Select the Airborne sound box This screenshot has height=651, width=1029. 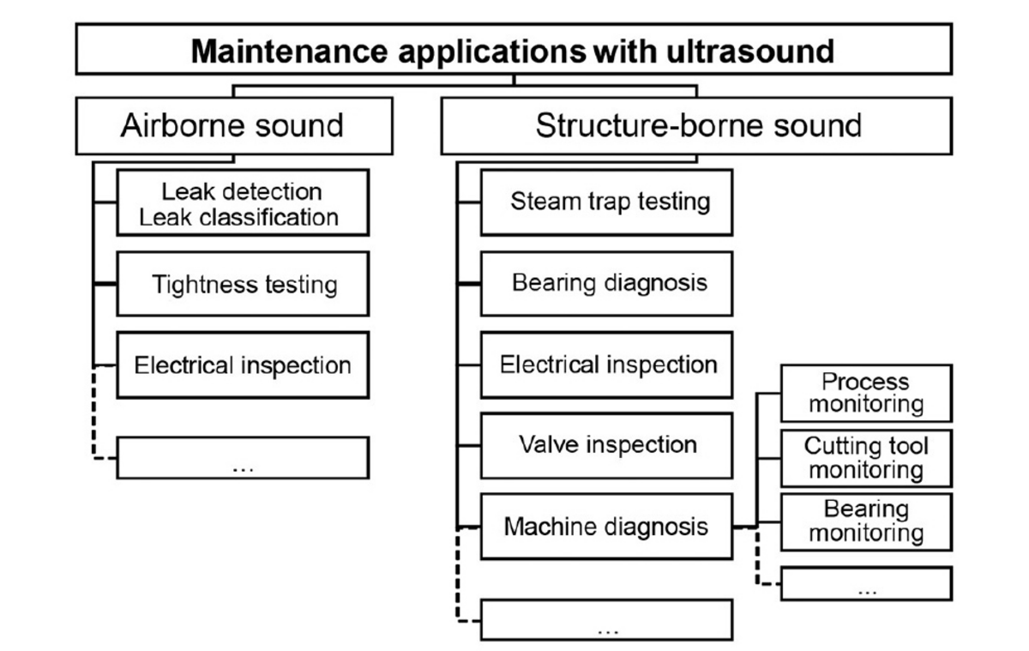233,125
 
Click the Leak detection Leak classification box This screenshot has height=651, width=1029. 243,202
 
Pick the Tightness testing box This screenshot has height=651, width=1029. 243,284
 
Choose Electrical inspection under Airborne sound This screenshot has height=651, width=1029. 243,365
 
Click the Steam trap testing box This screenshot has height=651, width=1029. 606,202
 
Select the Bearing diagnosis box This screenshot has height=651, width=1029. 606,283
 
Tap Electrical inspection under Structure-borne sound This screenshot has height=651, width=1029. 606,365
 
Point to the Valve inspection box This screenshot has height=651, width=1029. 606,445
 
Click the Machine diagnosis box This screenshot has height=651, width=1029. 606,526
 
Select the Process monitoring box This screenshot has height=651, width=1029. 865,393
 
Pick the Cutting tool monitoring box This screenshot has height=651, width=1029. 865,457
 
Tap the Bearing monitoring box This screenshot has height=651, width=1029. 865,521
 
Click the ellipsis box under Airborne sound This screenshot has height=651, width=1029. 243,457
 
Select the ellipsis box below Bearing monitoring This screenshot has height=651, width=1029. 865,583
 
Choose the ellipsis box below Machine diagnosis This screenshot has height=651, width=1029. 606,619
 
